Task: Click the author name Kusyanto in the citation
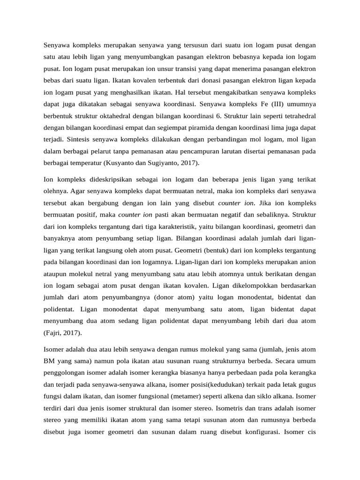[x=125, y=163]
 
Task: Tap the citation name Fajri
[x=56, y=333]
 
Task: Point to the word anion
[x=307, y=262]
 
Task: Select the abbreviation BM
[x=50, y=361]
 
